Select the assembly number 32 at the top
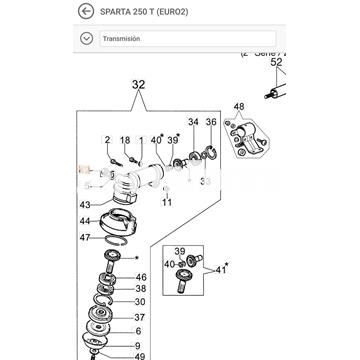(x=138, y=87)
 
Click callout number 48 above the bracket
(x=238, y=106)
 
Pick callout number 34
(x=193, y=122)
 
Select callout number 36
(x=210, y=122)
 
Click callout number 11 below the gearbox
(x=167, y=202)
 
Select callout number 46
(x=140, y=277)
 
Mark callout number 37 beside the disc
(x=140, y=315)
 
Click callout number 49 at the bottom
(x=140, y=355)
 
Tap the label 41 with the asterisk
(x=222, y=269)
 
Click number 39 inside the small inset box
(x=181, y=252)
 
